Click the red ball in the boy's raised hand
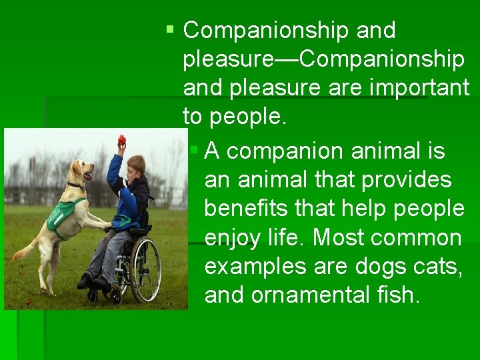(x=121, y=140)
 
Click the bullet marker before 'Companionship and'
(x=171, y=30)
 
